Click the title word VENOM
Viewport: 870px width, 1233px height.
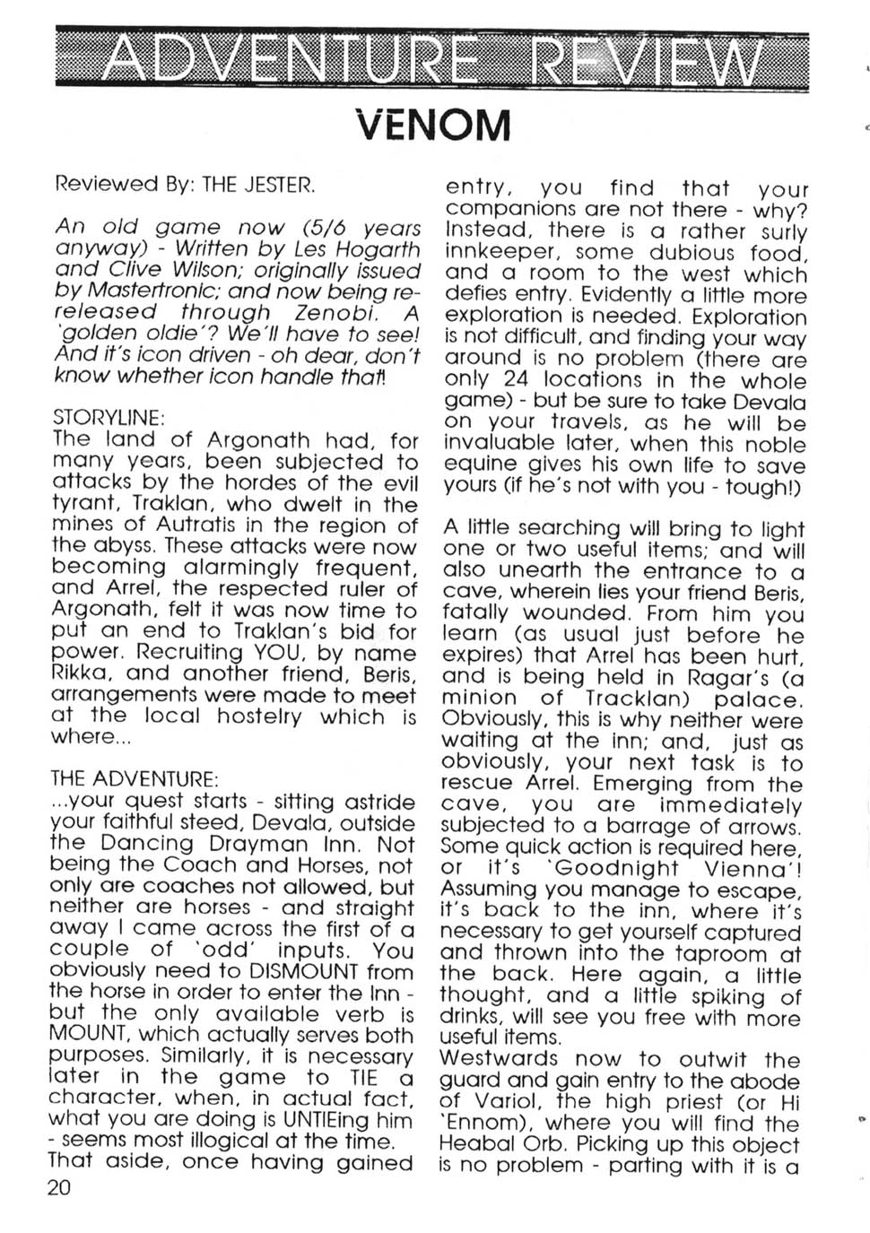[x=434, y=126]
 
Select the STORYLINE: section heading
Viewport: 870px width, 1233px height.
[x=109, y=418]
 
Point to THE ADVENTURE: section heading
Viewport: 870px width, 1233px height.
[x=135, y=778]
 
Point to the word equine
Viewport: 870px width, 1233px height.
[x=480, y=465]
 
